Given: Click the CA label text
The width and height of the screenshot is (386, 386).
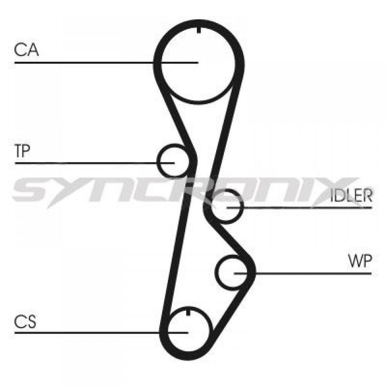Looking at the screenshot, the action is pyautogui.click(x=26, y=49).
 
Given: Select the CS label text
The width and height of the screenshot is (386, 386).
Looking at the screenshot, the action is pyautogui.click(x=25, y=322).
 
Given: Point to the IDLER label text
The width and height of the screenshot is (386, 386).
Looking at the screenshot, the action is pyautogui.click(x=351, y=195).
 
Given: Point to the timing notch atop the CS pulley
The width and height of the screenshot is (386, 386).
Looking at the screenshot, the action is pyautogui.click(x=189, y=312).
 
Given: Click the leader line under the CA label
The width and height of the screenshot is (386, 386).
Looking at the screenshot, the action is pyautogui.click(x=107, y=63).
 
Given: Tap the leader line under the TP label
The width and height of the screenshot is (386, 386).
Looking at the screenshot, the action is pyautogui.click(x=95, y=163).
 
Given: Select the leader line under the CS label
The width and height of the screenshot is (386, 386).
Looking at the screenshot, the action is pyautogui.click(x=102, y=333).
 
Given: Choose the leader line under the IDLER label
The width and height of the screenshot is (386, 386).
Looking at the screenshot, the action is pyautogui.click(x=299, y=208).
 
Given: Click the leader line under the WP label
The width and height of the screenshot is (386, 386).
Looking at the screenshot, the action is pyautogui.click(x=303, y=273).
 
